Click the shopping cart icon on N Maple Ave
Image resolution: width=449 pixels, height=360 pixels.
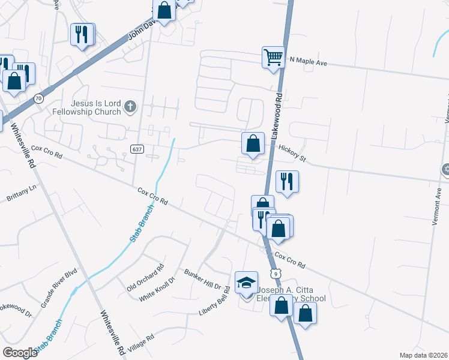[273, 58]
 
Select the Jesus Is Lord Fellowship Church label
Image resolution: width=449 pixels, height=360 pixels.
[95, 107]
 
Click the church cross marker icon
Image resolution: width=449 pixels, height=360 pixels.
[130, 108]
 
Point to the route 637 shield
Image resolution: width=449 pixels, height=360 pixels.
[136, 148]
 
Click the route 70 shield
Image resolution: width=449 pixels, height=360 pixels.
[38, 98]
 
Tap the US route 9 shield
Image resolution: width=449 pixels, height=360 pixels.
[275, 274]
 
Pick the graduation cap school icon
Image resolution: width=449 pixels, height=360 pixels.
[246, 283]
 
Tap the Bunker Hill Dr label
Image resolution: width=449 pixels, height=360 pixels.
[203, 279]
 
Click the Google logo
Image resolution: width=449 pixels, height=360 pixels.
[20, 352]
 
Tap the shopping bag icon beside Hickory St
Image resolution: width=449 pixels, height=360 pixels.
[253, 143]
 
